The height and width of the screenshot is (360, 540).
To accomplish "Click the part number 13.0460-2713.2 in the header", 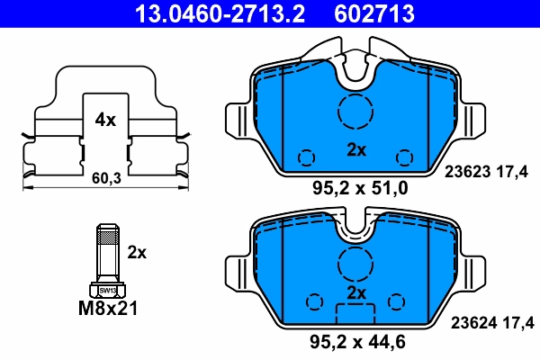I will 208,13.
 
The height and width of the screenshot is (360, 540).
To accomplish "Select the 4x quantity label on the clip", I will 105,120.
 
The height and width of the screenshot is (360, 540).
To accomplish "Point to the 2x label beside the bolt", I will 137,252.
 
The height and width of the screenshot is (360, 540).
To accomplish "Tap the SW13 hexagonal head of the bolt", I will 107,290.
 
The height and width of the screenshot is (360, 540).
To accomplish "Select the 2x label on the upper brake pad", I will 356,150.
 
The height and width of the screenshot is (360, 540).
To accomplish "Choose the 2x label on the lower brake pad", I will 356,293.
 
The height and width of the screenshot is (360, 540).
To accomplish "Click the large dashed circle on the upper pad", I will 355,112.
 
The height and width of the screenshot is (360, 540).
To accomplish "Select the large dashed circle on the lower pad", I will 355,264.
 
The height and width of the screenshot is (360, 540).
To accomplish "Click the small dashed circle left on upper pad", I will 307,157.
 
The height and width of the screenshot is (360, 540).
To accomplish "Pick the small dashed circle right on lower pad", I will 397,301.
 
